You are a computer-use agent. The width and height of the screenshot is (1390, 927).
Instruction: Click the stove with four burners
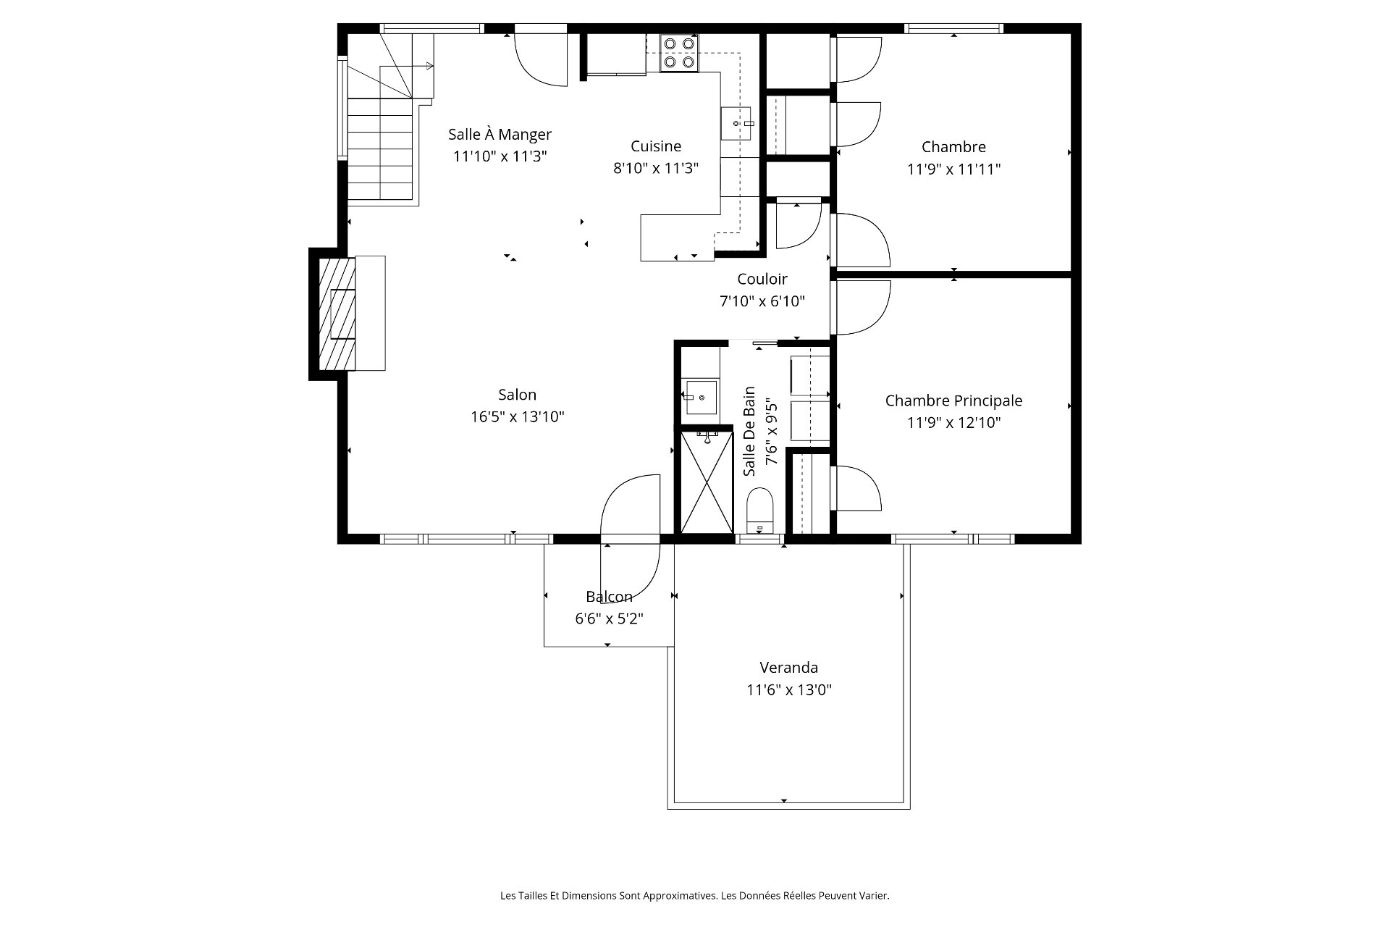coord(679,53)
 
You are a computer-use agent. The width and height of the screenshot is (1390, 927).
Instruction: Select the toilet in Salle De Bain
coord(759,511)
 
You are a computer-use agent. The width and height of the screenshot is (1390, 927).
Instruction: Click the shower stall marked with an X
coord(707,482)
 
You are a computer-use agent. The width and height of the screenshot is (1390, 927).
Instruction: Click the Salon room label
coord(517,395)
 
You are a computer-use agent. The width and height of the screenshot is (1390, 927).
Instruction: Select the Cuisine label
coord(656,146)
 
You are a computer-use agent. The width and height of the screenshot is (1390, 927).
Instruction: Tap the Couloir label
coord(762,279)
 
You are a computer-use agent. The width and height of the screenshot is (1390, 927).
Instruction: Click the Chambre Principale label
coord(953,400)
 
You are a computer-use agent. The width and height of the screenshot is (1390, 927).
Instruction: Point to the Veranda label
coord(788,667)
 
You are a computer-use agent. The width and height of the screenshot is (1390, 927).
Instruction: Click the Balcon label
coord(609,597)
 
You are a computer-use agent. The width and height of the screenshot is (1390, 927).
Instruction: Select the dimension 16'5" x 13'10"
coord(517,416)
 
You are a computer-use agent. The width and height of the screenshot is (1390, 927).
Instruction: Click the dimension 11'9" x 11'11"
coord(953,169)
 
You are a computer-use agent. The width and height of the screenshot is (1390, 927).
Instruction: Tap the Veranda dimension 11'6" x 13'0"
coord(788,689)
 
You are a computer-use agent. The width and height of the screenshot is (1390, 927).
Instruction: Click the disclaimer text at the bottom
coord(694,896)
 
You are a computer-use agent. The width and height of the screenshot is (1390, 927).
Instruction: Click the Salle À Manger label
coord(500,134)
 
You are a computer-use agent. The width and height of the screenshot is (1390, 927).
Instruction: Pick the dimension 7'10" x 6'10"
coord(762,301)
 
